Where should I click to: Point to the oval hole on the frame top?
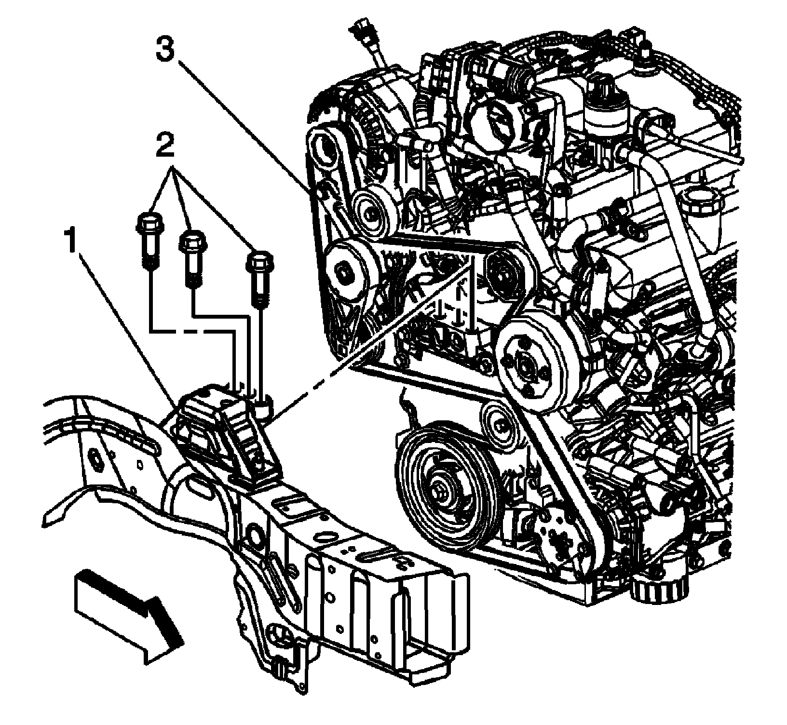pyautogui.click(x=324, y=538)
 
